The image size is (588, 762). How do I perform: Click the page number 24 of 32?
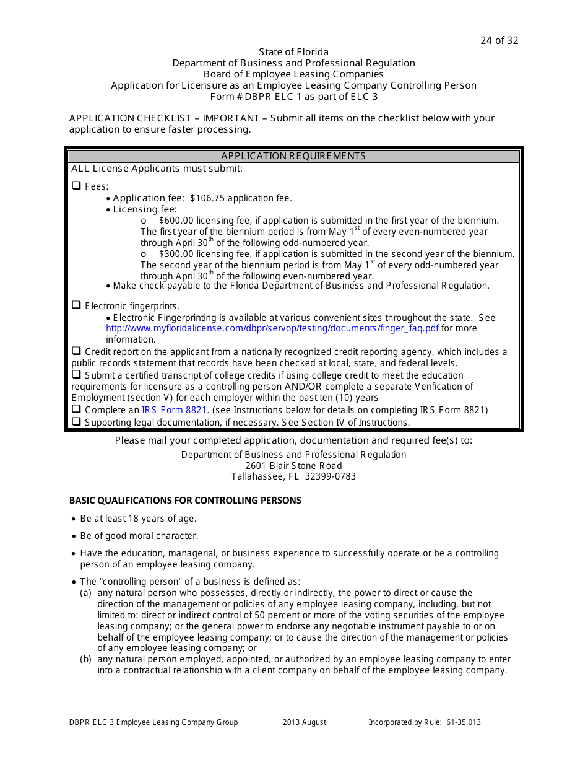click(x=499, y=41)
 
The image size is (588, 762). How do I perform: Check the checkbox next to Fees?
click(x=77, y=185)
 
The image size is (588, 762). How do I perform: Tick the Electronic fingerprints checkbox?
click(x=77, y=305)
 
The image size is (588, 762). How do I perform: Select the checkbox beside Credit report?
click(x=77, y=351)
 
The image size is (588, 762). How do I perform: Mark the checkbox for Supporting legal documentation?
click(x=77, y=422)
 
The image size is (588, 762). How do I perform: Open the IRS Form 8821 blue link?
click(x=174, y=410)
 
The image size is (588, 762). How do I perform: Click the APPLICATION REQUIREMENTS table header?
click(x=293, y=156)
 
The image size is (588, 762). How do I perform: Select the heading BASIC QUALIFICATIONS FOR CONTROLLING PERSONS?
click(x=185, y=501)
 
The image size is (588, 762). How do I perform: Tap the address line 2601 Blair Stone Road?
click(x=293, y=466)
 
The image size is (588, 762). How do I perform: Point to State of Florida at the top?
click(x=293, y=52)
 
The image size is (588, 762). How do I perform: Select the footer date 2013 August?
click(x=305, y=722)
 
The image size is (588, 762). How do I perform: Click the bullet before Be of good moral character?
click(x=74, y=536)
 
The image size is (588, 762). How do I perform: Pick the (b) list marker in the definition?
click(x=86, y=659)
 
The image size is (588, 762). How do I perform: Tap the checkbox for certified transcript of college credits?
click(x=77, y=375)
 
